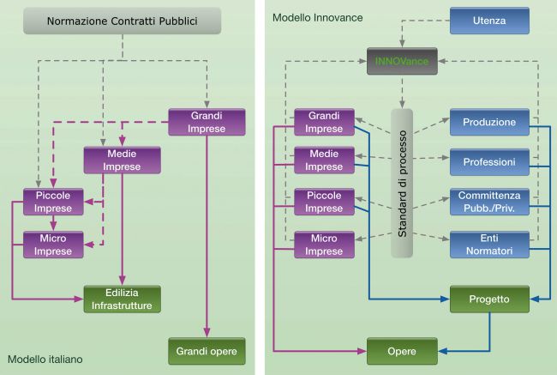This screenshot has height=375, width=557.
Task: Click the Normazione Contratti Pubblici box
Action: tap(123, 21)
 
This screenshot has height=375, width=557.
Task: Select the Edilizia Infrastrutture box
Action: tap(123, 299)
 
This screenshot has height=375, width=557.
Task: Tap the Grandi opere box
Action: tap(207, 351)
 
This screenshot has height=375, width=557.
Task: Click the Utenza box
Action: tap(489, 21)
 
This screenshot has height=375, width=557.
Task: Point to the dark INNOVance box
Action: tap(402, 61)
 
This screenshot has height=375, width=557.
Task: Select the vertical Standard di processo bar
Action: tap(402, 184)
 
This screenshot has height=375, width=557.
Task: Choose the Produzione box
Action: tap(489, 122)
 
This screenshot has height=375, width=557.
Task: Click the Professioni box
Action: tap(489, 162)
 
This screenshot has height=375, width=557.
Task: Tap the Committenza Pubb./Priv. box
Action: tap(489, 202)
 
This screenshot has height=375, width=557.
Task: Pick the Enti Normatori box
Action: tap(489, 245)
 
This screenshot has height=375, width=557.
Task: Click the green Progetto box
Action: tap(489, 299)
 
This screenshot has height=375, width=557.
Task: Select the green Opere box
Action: tap(402, 351)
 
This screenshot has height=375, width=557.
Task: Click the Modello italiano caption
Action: tap(45, 360)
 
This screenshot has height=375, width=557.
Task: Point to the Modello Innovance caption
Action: tap(318, 18)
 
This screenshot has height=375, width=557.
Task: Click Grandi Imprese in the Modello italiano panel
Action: tap(207, 122)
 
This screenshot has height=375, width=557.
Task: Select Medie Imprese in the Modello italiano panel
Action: tap(123, 160)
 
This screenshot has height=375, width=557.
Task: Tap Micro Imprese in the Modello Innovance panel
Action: tap(324, 245)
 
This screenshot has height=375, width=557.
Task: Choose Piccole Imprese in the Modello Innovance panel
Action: tap(324, 202)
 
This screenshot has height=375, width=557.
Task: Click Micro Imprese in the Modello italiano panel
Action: tap(53, 245)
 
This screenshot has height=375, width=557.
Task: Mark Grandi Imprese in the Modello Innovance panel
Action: tap(324, 122)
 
